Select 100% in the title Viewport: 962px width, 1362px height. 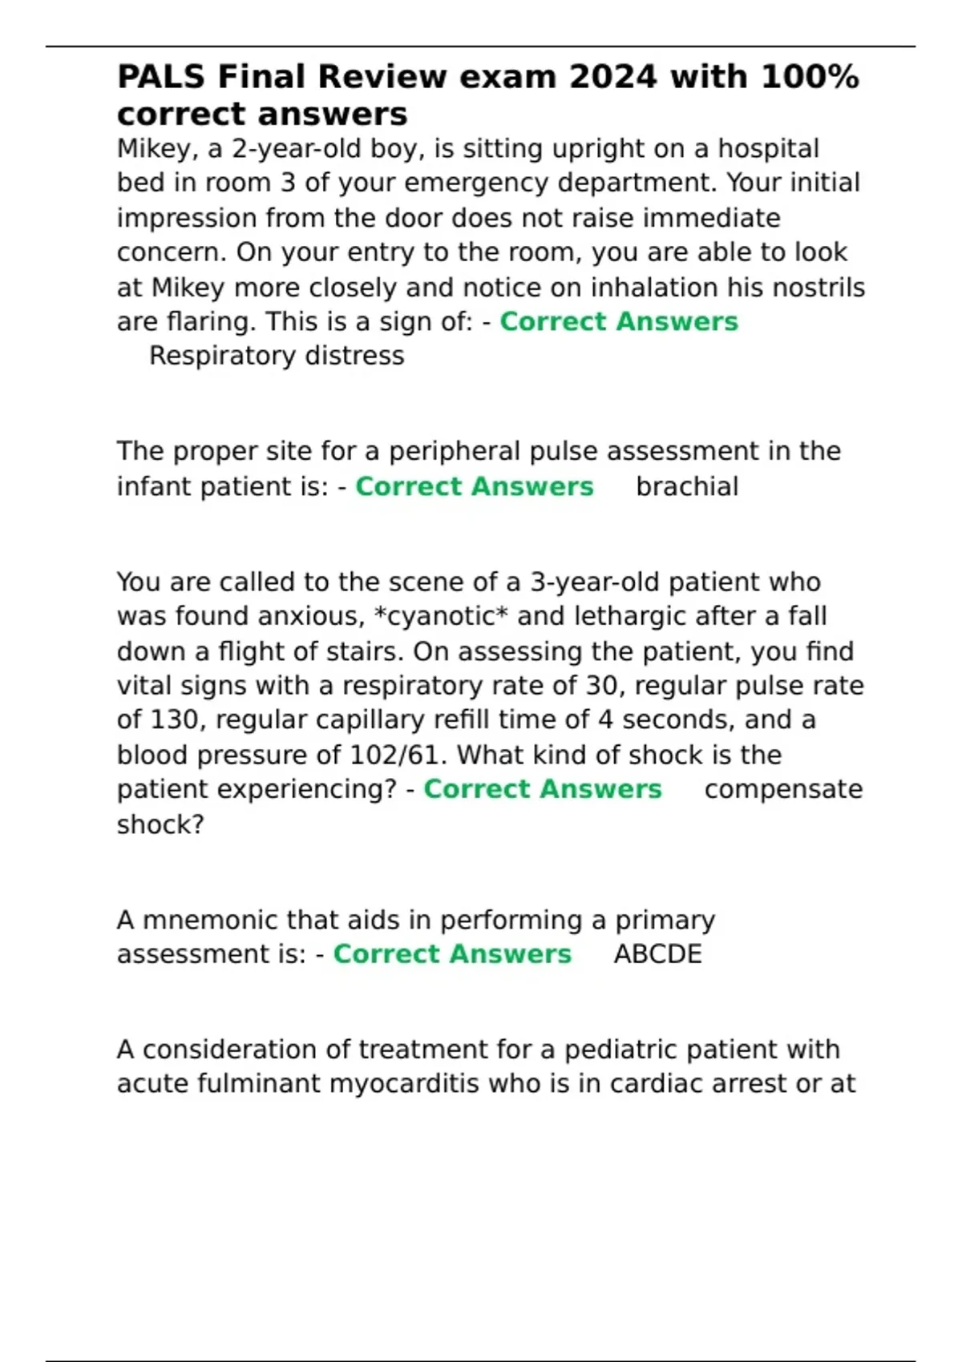tap(809, 78)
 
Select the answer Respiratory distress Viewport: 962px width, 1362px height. tap(277, 356)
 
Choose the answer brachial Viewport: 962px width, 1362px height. tap(687, 487)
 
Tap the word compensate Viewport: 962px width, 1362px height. tap(783, 790)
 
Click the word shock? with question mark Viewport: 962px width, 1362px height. tap(160, 824)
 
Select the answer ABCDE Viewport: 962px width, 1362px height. tap(657, 955)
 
